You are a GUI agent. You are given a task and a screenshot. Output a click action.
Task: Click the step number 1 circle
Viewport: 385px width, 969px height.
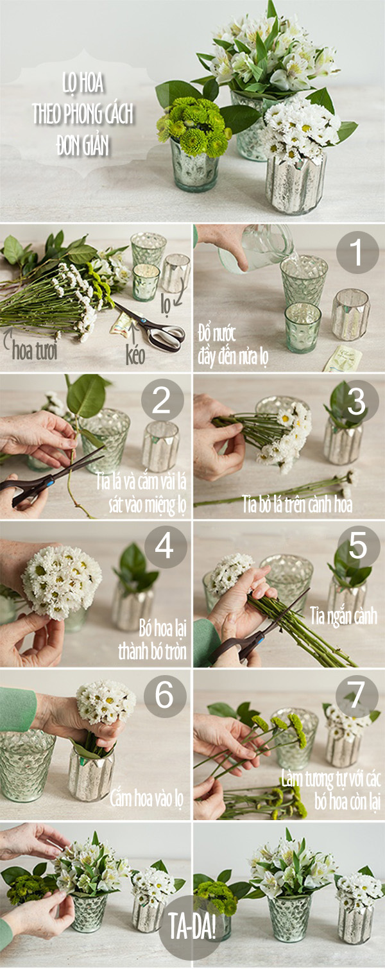[357, 252]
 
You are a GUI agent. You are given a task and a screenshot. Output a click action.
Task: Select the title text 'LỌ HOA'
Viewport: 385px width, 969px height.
[83, 83]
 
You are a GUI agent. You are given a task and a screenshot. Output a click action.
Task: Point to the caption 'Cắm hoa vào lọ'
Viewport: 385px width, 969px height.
[146, 800]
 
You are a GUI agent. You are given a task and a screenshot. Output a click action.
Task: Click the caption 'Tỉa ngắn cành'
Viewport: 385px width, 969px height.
[343, 616]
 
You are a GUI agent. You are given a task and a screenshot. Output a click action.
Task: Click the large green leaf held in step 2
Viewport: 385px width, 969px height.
[86, 396]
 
